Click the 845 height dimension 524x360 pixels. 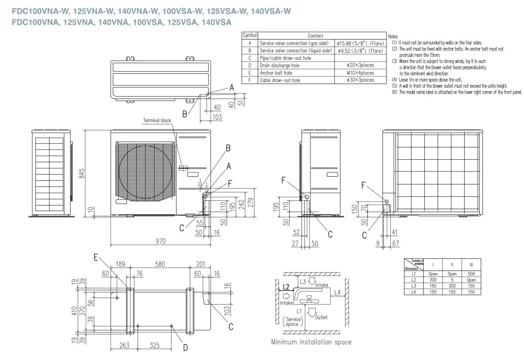tap(81, 173)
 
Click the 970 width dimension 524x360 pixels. tap(161, 240)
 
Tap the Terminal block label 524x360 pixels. tap(157, 120)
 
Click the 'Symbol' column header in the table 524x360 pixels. tap(249, 35)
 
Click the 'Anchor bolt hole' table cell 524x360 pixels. tap(276, 73)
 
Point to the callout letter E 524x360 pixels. tap(96, 257)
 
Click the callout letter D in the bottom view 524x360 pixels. tap(185, 347)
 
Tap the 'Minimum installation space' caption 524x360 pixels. tap(311, 342)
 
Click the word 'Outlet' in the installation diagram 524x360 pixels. tap(321, 317)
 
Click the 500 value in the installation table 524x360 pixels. tap(471, 274)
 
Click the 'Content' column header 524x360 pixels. tap(315, 35)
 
